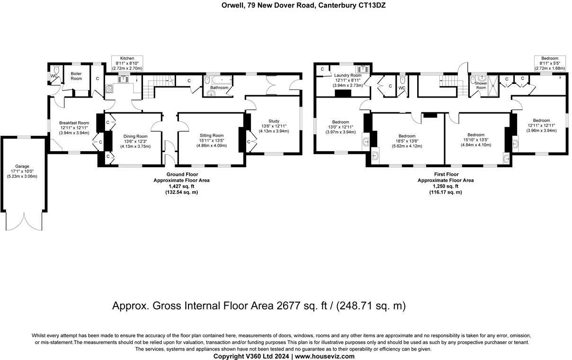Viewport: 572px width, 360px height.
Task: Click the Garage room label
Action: [22, 166]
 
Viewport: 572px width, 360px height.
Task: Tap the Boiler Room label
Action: [76, 76]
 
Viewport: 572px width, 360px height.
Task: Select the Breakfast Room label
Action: [74, 123]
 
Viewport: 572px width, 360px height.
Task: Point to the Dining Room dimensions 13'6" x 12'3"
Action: [135, 141]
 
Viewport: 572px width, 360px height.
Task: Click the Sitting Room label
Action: [212, 135]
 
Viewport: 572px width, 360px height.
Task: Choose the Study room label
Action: [274, 121]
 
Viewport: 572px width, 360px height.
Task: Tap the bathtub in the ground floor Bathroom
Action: [222, 80]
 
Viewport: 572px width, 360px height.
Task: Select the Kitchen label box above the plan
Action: [127, 63]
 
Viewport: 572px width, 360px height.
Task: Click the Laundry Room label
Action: [348, 75]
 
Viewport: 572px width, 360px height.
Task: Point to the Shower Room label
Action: [481, 85]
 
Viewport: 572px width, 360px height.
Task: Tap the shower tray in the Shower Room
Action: [493, 86]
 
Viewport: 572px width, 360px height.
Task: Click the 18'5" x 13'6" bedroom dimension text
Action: [407, 141]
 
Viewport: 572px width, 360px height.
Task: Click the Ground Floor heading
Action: [182, 174]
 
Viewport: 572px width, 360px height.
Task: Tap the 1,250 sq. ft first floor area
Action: [446, 186]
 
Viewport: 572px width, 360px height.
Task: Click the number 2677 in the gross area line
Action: [288, 306]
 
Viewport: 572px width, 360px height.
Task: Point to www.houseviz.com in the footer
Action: [325, 356]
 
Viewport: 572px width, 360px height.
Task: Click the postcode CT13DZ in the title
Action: [372, 5]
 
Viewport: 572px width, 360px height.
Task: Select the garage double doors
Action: [24, 221]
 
